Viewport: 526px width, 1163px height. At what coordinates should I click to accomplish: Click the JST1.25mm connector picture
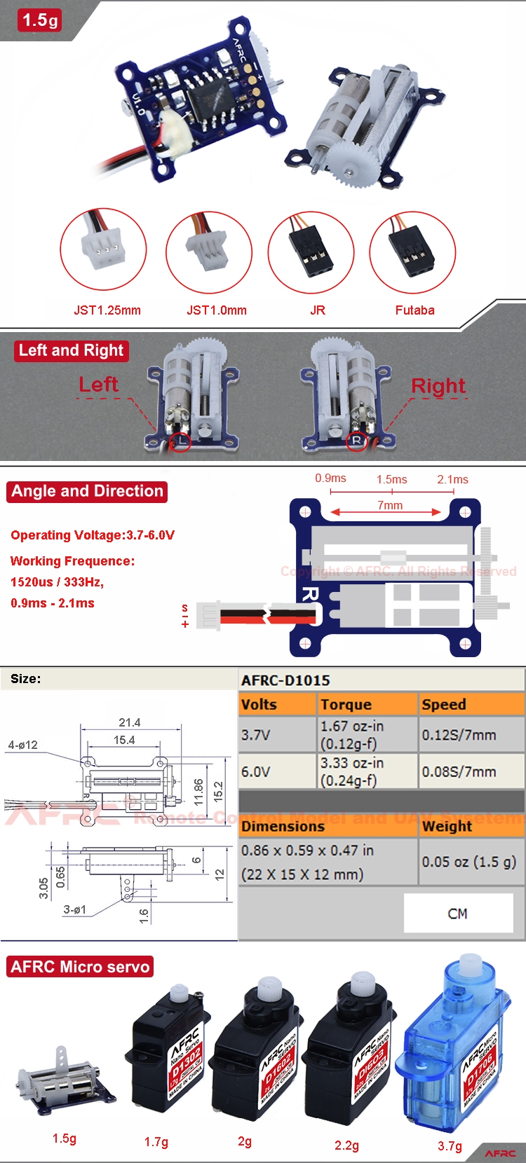(103, 250)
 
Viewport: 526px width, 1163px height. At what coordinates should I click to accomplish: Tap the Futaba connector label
(414, 310)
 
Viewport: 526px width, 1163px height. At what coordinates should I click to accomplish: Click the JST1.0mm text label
(216, 310)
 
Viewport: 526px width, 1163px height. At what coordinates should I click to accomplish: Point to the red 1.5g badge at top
(40, 20)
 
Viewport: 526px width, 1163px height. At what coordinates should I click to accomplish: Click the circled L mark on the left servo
(181, 441)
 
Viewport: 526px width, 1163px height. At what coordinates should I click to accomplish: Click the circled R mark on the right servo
(357, 441)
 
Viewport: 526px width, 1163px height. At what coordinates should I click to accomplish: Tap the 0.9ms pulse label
(330, 479)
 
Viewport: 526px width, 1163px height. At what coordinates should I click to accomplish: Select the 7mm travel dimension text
(390, 505)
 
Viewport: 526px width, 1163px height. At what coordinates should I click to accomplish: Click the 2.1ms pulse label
(452, 480)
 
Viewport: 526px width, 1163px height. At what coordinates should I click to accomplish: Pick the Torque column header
(346, 705)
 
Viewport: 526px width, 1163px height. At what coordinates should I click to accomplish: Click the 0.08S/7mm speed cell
(459, 772)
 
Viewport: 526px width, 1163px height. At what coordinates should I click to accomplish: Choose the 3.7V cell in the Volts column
(256, 736)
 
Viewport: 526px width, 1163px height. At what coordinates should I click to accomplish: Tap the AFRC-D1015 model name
(285, 680)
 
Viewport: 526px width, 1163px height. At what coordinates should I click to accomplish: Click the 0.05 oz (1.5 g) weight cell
(468, 862)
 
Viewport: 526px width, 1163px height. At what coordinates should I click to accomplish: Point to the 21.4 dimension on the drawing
(129, 722)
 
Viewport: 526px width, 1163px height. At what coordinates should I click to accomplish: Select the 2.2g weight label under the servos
(346, 1145)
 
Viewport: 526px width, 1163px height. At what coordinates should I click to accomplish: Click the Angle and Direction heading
(88, 491)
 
